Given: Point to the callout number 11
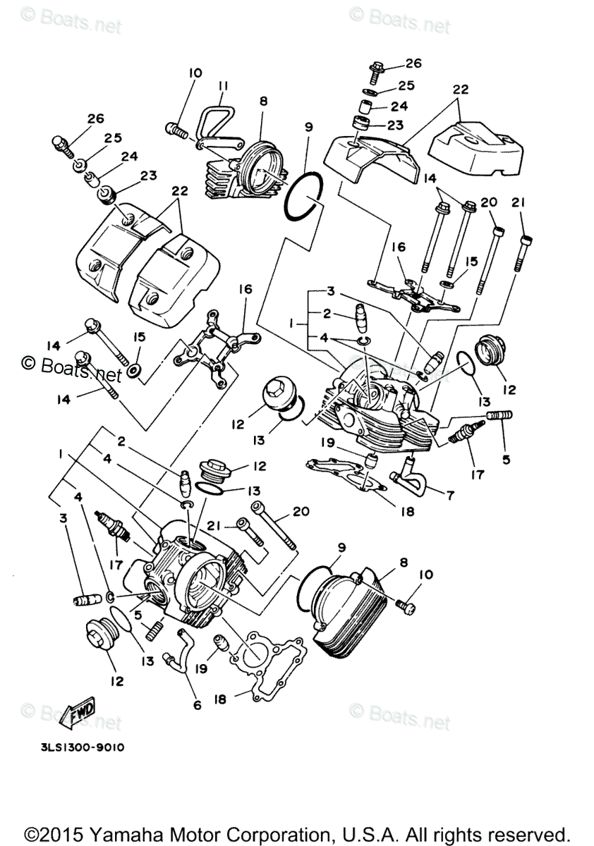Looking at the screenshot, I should click(x=223, y=87).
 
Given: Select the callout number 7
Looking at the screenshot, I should click(x=450, y=496).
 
